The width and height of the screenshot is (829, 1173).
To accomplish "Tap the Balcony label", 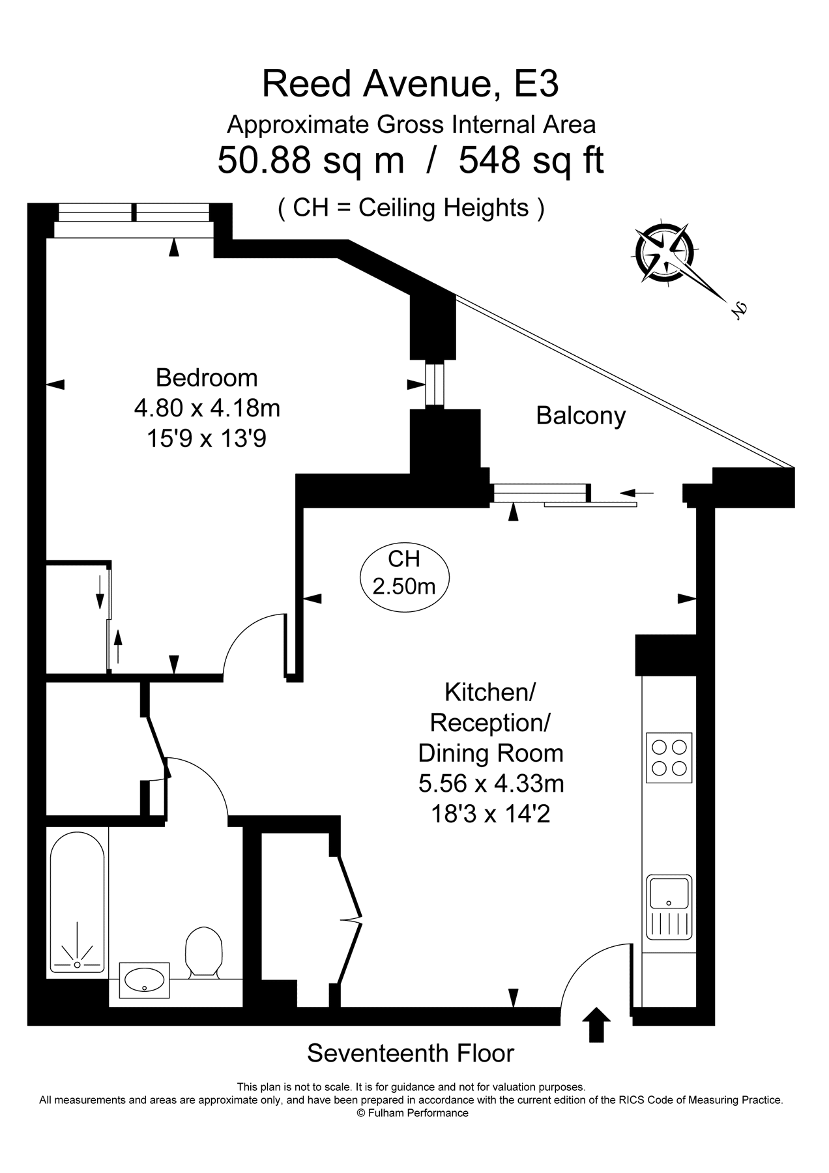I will pos(580,416).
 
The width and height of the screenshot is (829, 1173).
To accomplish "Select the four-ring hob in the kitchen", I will pos(669,757).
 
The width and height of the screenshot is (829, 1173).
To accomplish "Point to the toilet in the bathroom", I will pos(203,953).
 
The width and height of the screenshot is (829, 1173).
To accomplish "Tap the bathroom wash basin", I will pos(144,980).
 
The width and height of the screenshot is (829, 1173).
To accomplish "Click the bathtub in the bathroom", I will pos(77,902).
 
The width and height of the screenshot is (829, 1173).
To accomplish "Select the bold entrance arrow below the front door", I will pos(595,1025).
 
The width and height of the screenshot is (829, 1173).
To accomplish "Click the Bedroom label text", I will pos(207,378).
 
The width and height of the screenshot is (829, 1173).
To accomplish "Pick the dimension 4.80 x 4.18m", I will pos(207,409).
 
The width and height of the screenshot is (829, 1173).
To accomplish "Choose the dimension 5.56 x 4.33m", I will pos(491,783).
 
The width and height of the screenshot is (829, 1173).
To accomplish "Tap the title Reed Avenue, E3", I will pos(410,84).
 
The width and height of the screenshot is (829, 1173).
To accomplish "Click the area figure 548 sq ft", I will pos(531,160).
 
